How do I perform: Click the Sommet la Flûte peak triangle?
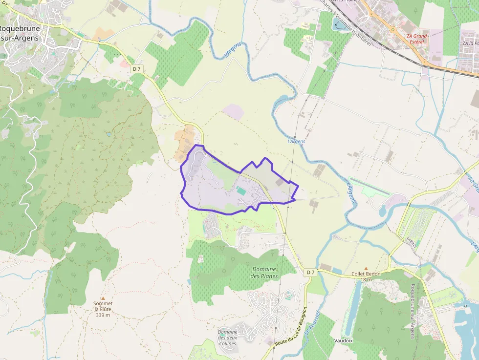(103, 298)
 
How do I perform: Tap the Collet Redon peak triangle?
(366, 269)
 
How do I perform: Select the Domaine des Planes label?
(264, 273)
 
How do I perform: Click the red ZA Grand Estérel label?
(416, 39)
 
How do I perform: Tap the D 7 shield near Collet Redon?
(310, 272)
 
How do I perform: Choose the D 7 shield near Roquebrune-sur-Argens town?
(136, 69)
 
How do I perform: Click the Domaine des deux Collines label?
(227, 338)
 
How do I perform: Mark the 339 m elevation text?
(103, 315)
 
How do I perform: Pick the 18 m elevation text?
(366, 280)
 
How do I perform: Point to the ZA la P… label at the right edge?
(470, 43)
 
